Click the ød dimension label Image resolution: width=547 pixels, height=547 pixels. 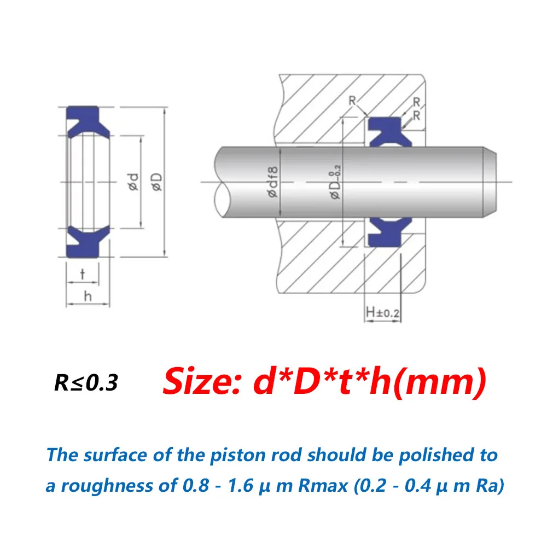[x=134, y=182]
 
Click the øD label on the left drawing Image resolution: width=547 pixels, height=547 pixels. [x=158, y=182]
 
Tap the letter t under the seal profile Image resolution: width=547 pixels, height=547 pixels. [x=83, y=274]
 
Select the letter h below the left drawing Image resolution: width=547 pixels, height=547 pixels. [x=88, y=296]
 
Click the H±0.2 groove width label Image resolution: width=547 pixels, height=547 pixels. [x=383, y=312]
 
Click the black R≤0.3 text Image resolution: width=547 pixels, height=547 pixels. [x=86, y=383]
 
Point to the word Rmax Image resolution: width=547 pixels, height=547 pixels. [x=323, y=486]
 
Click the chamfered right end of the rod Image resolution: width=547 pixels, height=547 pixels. [x=490, y=182]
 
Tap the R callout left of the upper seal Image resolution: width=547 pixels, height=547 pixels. [x=352, y=101]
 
